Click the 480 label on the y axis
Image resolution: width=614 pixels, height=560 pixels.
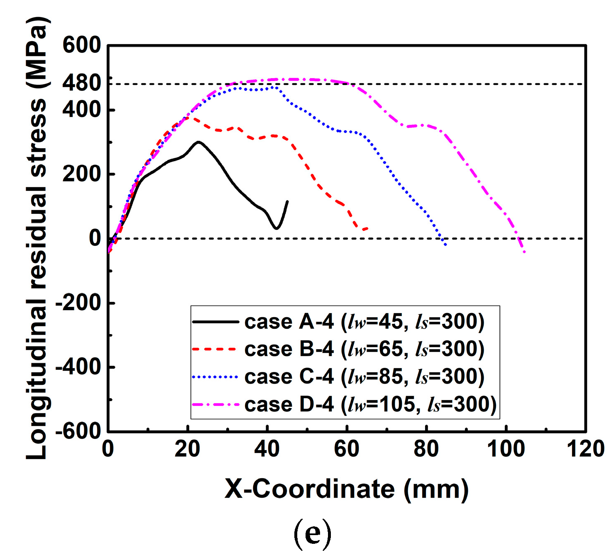[x=81, y=83]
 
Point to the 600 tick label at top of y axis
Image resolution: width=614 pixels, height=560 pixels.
[x=81, y=45]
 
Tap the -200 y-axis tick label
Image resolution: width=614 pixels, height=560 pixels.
[x=78, y=303]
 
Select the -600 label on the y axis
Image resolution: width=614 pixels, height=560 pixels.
[x=78, y=431]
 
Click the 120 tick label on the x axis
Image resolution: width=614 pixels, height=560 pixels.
[x=585, y=449]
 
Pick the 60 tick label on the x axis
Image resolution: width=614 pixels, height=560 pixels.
[x=347, y=449]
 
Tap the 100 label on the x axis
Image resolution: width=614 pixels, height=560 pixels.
[x=506, y=449]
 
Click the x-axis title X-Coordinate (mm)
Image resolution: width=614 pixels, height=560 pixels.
[x=347, y=489]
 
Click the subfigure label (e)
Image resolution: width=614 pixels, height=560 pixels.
[x=312, y=534]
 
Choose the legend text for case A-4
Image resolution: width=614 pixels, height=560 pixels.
[x=364, y=322]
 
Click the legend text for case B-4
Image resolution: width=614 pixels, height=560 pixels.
[x=364, y=349]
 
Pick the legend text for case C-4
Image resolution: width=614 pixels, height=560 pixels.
[x=364, y=377]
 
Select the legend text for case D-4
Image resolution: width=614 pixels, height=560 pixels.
[x=370, y=404]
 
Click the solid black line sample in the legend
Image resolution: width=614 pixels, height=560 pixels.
[x=215, y=322]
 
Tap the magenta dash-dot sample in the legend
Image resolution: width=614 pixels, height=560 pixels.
[x=215, y=404]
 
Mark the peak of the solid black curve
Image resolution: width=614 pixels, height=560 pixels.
[x=198, y=142]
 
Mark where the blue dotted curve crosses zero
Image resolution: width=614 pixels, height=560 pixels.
[x=442, y=239]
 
